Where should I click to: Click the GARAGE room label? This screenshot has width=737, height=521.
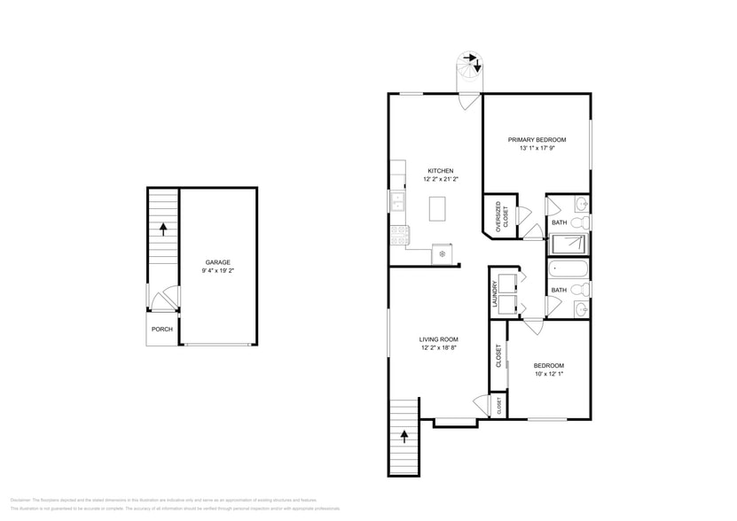click(218, 262)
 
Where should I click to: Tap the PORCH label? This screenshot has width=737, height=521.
click(161, 330)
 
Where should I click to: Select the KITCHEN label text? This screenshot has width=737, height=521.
click(440, 171)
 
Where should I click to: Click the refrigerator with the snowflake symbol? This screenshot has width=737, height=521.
click(442, 254)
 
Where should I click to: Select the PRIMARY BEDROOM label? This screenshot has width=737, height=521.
click(537, 140)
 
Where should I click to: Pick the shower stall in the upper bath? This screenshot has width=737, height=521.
click(568, 244)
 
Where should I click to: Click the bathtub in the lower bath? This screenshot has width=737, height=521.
click(568, 268)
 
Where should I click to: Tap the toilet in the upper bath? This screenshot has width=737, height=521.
click(582, 222)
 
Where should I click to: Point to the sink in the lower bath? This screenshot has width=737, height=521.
click(582, 308)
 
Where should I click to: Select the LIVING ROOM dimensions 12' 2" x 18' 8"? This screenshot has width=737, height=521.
click(438, 348)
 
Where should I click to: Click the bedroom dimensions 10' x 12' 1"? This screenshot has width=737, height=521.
click(548, 375)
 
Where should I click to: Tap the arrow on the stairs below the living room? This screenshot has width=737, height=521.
click(405, 437)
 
